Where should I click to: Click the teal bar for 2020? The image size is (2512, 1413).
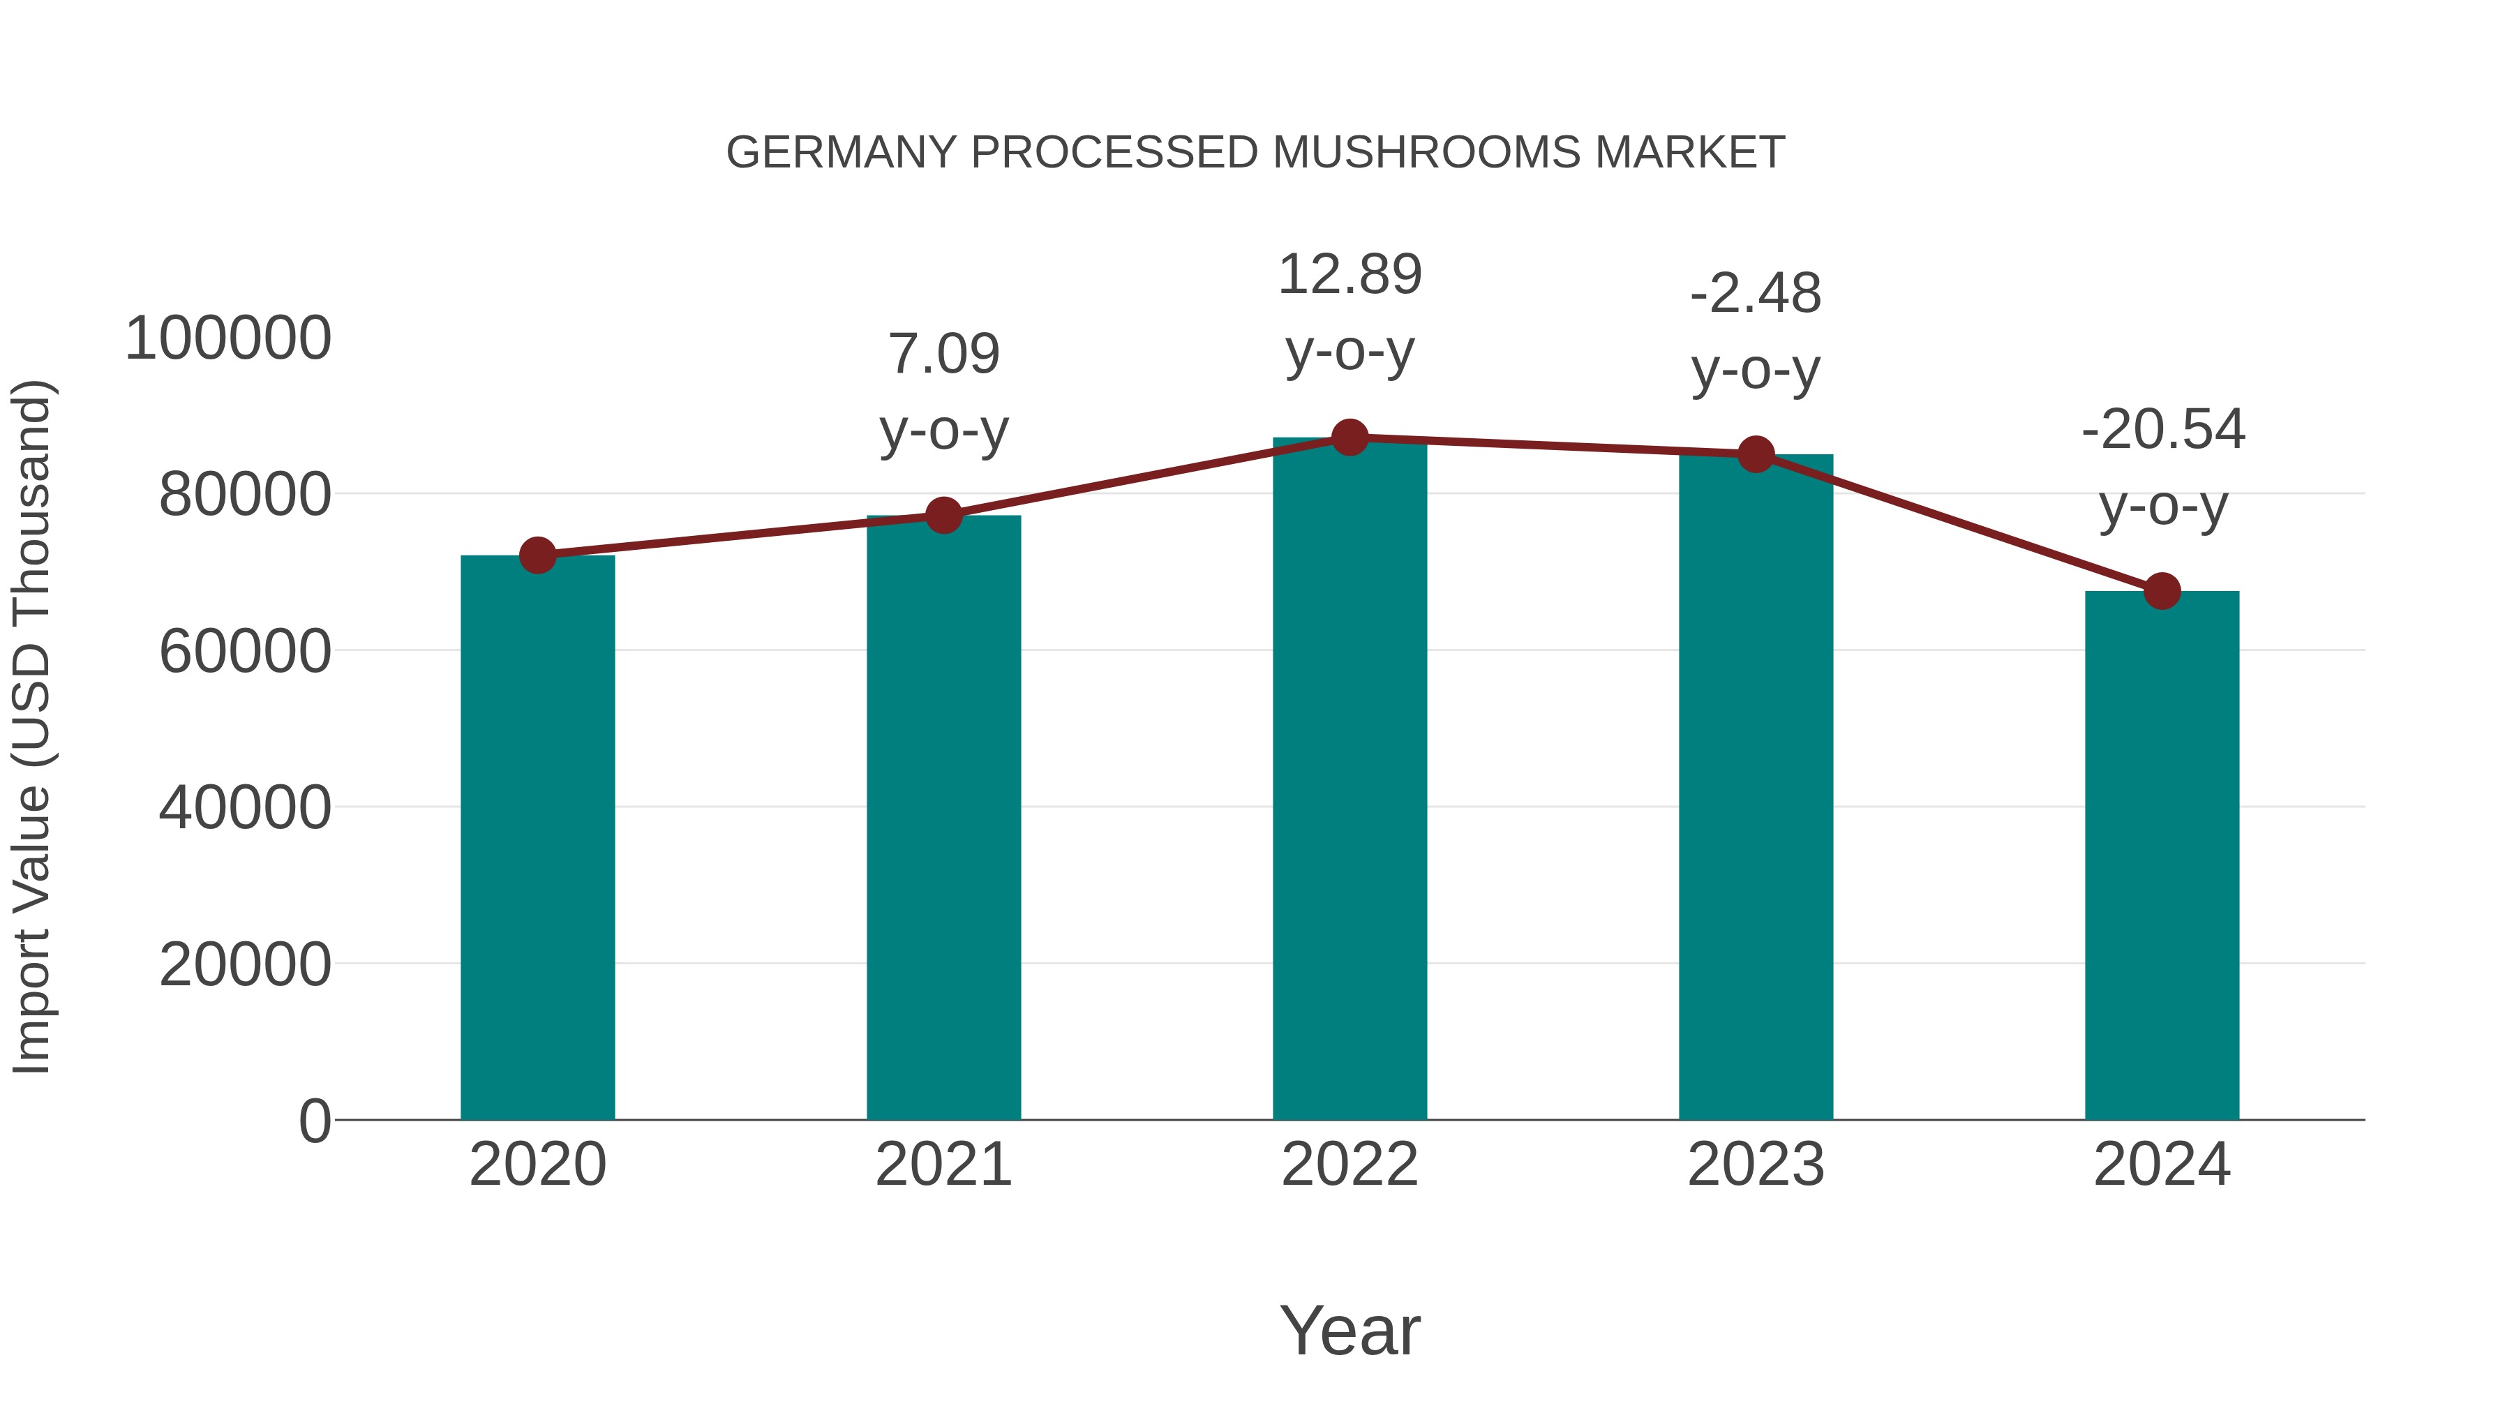tap(537, 839)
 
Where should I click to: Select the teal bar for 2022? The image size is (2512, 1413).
tap(1350, 780)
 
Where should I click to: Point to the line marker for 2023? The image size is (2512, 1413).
tap(1756, 454)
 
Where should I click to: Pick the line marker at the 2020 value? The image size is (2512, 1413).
tap(537, 556)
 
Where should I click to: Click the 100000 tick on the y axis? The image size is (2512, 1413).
tap(228, 339)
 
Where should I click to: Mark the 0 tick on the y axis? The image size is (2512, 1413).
tap(315, 1121)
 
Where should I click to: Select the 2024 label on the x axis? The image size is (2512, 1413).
tap(2162, 1165)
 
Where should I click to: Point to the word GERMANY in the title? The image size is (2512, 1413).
tap(842, 153)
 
